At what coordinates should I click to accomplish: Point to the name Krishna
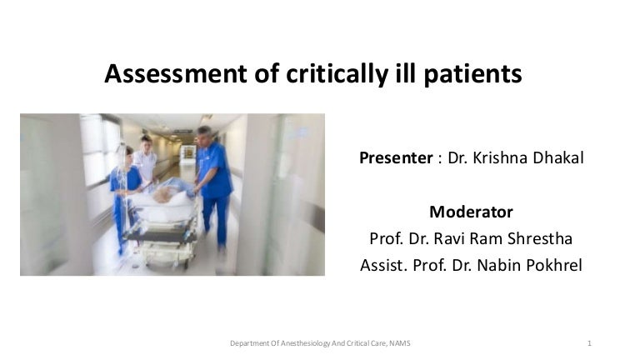click(502, 157)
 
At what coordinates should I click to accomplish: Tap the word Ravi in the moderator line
click(451, 238)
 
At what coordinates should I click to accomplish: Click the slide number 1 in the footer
click(589, 343)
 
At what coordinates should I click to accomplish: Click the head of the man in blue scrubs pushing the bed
click(204, 134)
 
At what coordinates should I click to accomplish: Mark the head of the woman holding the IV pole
click(126, 154)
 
